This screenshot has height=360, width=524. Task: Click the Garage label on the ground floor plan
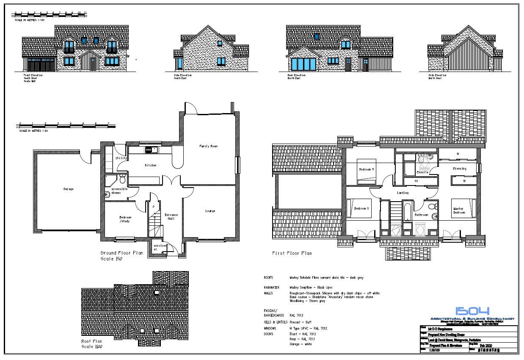point(68,189)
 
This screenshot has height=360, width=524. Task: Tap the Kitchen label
point(151,165)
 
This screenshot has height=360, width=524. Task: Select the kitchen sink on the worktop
point(149,150)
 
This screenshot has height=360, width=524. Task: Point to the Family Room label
point(208,146)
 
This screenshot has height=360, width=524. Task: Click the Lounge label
point(210,211)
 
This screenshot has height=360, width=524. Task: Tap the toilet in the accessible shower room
point(122,177)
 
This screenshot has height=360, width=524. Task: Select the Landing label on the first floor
point(403,193)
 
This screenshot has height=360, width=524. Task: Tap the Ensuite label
point(422,172)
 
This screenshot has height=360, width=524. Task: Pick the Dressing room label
point(459,169)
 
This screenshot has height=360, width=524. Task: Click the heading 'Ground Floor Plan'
point(121,253)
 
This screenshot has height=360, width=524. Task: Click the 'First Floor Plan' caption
point(292,253)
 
